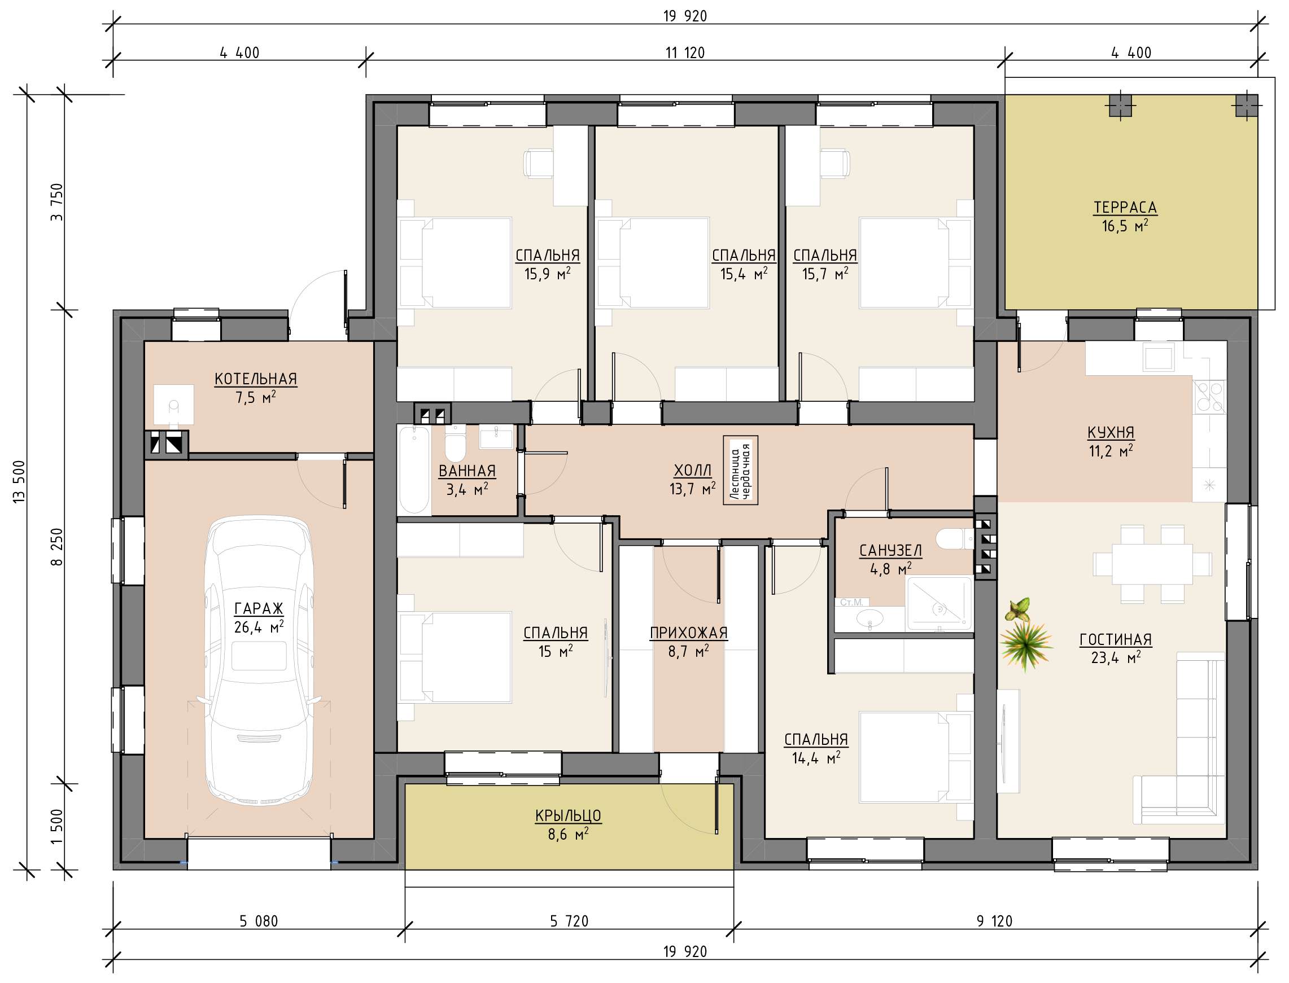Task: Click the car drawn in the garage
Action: coord(259,661)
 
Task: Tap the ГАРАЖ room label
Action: coord(259,609)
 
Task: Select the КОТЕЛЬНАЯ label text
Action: coord(256,379)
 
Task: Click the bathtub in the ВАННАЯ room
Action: coord(414,470)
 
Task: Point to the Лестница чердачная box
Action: coord(741,471)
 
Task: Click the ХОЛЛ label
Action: coord(693,471)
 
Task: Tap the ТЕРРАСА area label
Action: coord(1125,208)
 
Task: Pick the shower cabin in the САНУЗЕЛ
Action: coord(939,603)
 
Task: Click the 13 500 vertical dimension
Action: coord(19,481)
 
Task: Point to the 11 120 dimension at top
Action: coord(685,52)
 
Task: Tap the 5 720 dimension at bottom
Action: coord(569,921)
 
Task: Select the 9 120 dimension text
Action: coord(994,921)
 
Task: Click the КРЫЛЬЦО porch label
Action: coord(568,815)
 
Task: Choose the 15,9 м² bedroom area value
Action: coord(547,274)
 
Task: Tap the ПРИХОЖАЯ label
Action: coord(688,633)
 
